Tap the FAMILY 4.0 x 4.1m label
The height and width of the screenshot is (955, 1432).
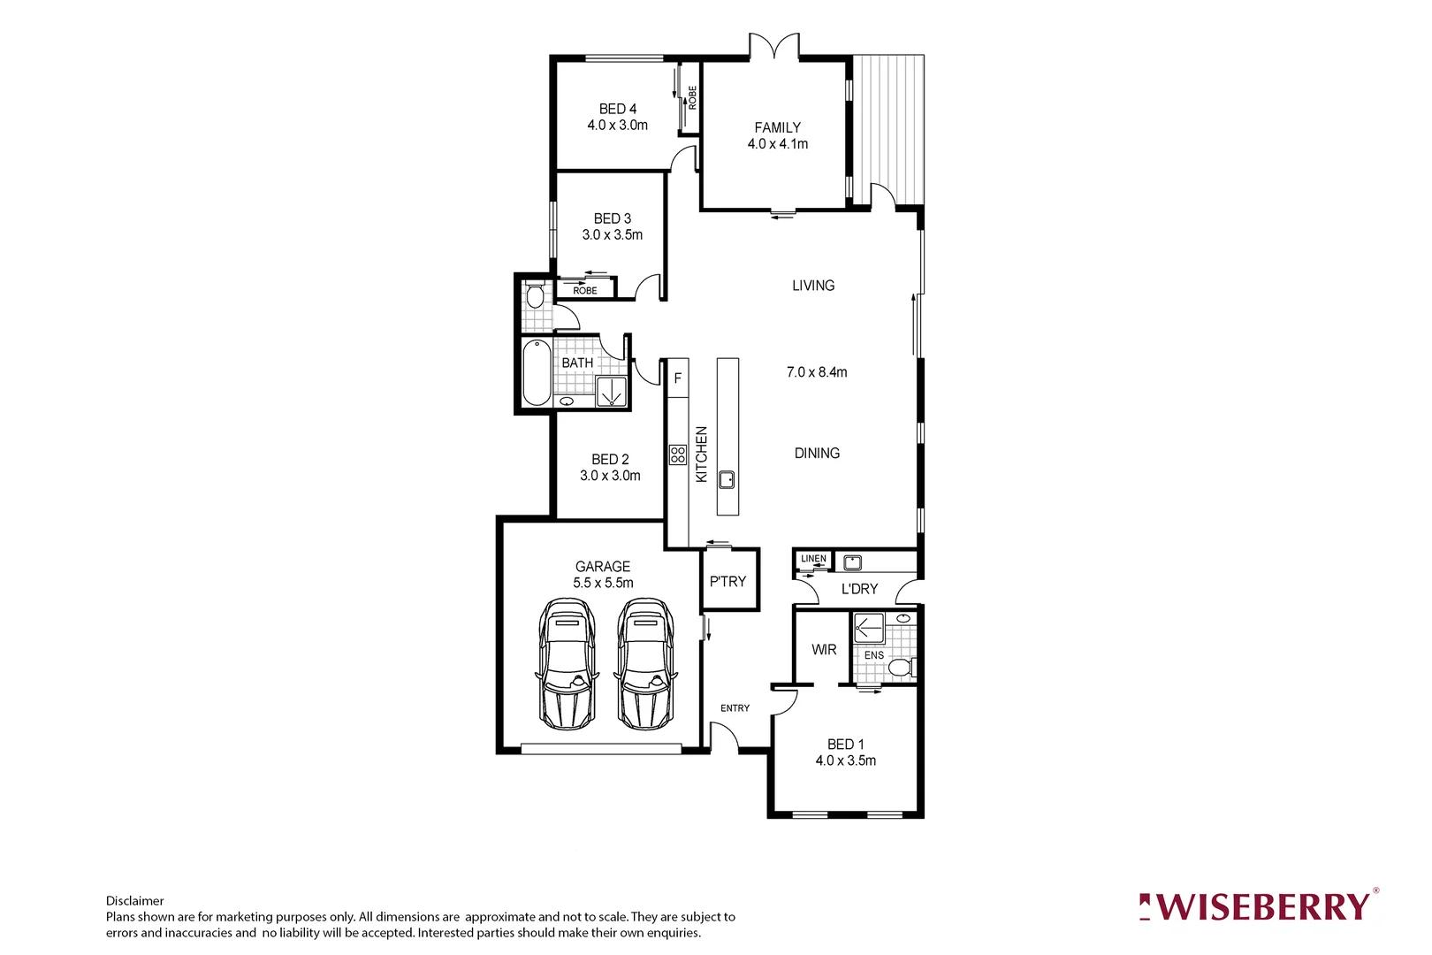pyautogui.click(x=777, y=135)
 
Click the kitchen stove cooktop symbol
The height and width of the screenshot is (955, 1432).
pyautogui.click(x=678, y=455)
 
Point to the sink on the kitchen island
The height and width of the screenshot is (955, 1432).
pyautogui.click(x=727, y=480)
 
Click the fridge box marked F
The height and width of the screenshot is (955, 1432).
pyautogui.click(x=678, y=378)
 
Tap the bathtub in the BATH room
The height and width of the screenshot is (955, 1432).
pyautogui.click(x=536, y=372)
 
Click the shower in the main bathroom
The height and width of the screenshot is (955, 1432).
pyautogui.click(x=611, y=391)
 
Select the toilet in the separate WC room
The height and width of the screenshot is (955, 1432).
pyautogui.click(x=534, y=294)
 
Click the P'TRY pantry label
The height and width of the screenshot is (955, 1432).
pyautogui.click(x=727, y=581)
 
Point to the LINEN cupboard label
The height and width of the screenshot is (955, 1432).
pyautogui.click(x=813, y=559)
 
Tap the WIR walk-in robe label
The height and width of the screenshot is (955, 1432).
pyautogui.click(x=824, y=649)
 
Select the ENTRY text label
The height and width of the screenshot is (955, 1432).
pyautogui.click(x=735, y=708)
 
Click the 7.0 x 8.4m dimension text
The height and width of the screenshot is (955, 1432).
pyautogui.click(x=817, y=372)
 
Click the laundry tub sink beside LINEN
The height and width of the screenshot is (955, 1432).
pyautogui.click(x=852, y=562)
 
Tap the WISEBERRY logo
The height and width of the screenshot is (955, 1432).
pyautogui.click(x=1259, y=907)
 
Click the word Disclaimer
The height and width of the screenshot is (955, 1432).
pyautogui.click(x=135, y=901)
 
